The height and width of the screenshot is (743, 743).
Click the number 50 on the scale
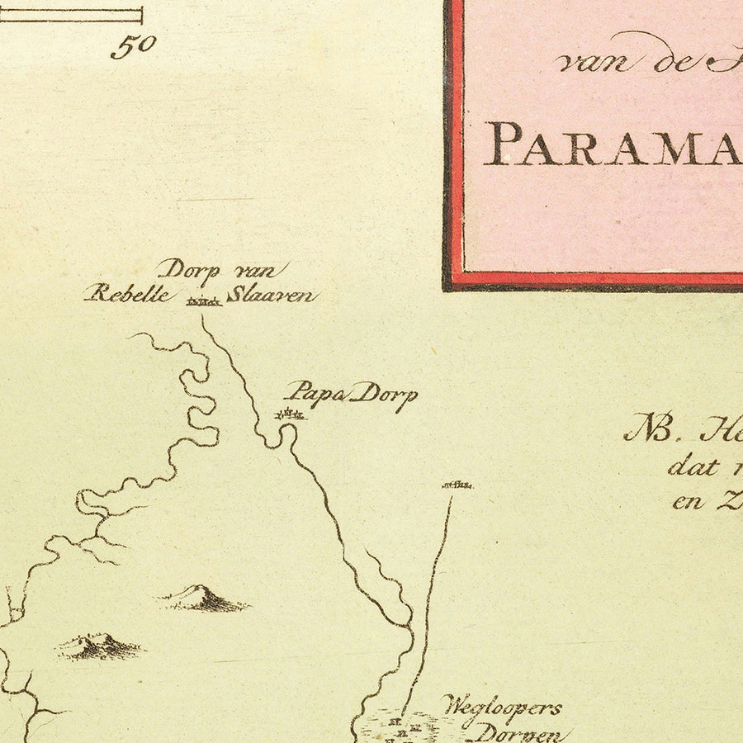coord(133,45)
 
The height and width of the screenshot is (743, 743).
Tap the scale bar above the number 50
coord(83,16)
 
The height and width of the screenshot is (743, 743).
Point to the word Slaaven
coord(271,295)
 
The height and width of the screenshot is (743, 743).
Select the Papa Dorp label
coord(350,395)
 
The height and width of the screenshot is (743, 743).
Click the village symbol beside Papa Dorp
coord(290,415)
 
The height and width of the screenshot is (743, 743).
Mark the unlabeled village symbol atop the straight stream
coord(457,485)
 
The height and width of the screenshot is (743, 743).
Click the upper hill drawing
coord(203,599)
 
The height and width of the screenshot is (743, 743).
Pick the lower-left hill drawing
coord(97,646)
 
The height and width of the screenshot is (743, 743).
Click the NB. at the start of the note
coord(649,428)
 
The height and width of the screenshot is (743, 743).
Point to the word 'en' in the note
coord(688,501)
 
